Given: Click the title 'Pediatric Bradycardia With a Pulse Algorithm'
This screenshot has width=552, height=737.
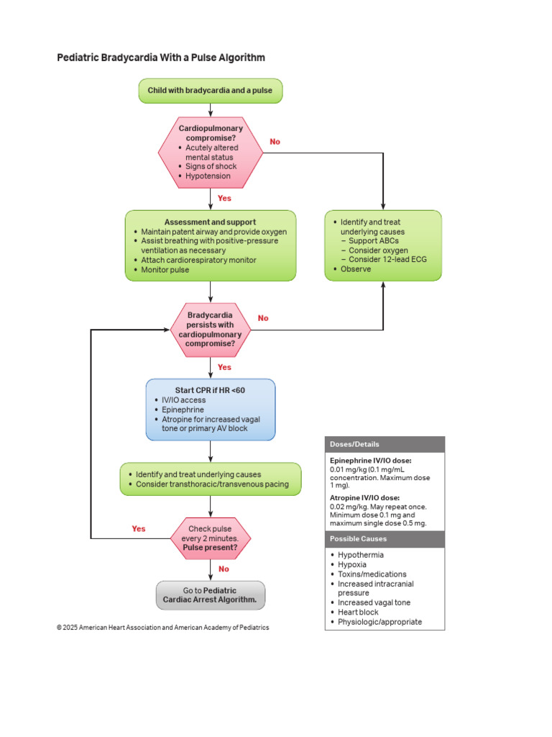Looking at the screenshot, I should pos(161,58).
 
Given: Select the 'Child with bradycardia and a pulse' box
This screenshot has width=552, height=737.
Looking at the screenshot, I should pos(210,91).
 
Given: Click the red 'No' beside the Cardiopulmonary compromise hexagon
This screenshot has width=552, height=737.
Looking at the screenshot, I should pos(275,142).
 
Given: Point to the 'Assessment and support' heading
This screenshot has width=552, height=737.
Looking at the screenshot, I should pos(210,222).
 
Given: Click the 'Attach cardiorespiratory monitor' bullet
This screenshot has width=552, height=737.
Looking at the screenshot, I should pos(198,260).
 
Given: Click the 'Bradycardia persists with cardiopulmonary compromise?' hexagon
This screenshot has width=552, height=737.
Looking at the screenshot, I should pos(210,329).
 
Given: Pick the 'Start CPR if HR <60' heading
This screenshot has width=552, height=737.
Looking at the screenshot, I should pos(210,390).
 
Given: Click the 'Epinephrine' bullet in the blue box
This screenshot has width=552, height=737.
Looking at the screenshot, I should pos(183,410).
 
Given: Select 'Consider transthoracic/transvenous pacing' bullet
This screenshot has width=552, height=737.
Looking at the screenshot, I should pos(212,484).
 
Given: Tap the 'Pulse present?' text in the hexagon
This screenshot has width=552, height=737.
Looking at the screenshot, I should pos(210,548).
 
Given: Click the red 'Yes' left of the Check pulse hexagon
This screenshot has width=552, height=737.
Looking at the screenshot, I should pos(139,528).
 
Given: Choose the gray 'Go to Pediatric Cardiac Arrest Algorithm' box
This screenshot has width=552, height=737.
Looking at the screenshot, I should pos(210,594).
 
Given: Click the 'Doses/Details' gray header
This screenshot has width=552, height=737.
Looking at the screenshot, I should pos(354,444).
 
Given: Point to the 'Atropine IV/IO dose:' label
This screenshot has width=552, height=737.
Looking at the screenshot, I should pos(364,497).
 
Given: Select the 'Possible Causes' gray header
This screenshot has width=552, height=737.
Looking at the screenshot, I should pos(358,538).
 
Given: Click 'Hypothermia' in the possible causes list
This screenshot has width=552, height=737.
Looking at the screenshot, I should pos(360,555).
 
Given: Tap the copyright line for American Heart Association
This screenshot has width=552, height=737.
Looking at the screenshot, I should pos(163,628).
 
